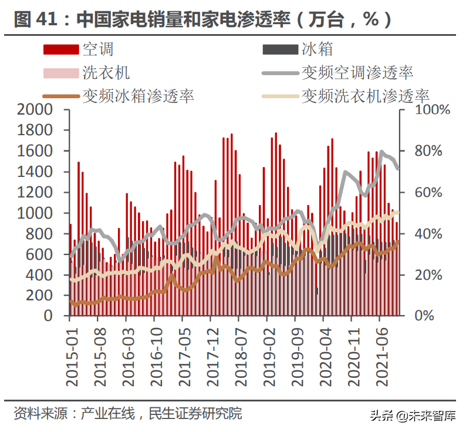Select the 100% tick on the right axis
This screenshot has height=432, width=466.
click(433, 110)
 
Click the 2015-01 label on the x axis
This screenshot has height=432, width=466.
click(72, 353)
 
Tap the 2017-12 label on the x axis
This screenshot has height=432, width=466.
click(212, 353)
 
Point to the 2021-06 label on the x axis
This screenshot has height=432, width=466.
click(381, 353)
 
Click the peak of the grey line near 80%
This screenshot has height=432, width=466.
click(382, 152)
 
